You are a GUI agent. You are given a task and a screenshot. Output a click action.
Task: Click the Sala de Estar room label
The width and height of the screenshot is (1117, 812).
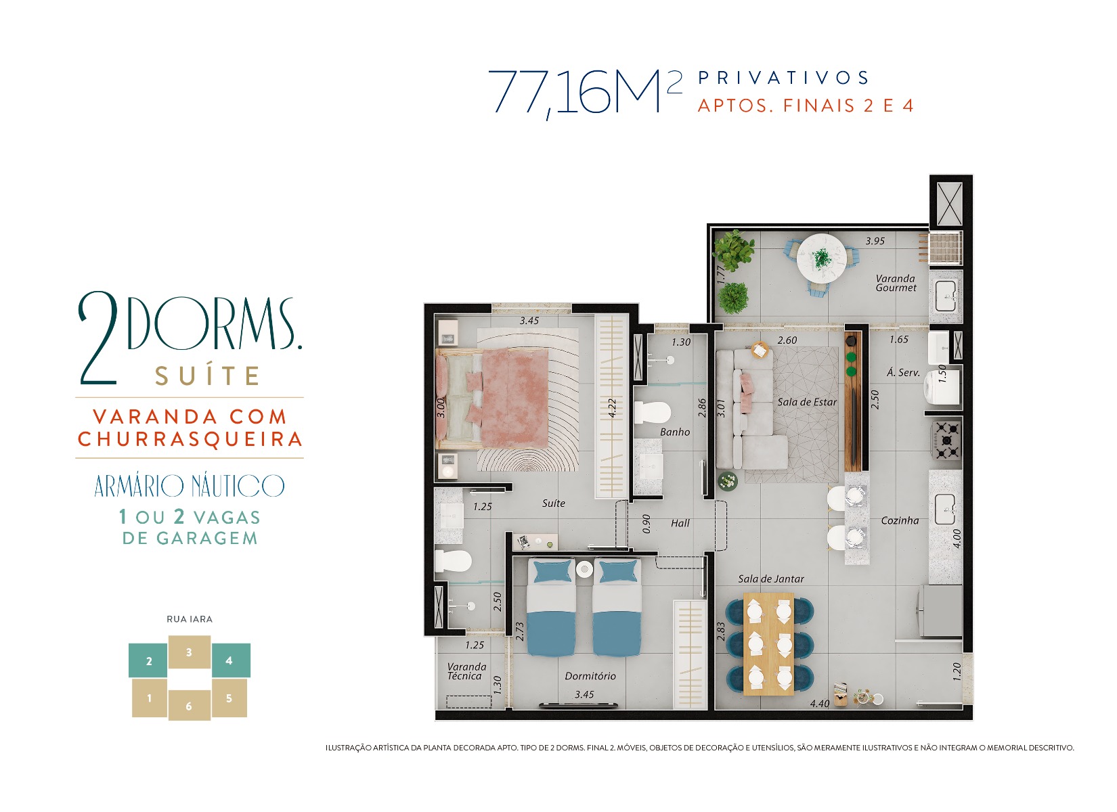point(807,402)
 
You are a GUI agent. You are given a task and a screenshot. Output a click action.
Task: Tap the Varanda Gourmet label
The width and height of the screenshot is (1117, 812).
point(896,283)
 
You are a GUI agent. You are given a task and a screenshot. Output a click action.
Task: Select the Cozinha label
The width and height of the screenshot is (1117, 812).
point(900,520)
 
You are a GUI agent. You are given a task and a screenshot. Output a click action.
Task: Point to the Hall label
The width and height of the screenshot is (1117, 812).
point(680,523)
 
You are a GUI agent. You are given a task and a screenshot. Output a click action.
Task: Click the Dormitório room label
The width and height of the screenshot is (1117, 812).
point(590,676)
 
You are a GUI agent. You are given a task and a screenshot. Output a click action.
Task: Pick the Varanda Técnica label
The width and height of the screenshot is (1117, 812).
point(466,671)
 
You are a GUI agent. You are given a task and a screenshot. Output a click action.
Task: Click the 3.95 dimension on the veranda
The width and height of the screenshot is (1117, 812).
point(875,242)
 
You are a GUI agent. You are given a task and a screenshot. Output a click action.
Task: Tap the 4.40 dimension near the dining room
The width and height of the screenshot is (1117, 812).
point(820,703)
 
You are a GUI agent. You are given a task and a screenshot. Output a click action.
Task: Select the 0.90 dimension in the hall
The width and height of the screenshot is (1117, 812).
point(647,524)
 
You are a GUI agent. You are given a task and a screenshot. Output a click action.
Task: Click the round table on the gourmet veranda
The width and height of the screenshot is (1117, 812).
point(820,258)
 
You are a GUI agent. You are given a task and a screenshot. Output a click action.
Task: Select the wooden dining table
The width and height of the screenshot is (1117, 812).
point(768,644)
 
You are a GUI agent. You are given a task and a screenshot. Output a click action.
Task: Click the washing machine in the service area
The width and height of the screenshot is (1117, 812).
point(942,388)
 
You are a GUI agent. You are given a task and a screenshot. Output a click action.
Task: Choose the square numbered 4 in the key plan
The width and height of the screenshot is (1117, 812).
point(231,660)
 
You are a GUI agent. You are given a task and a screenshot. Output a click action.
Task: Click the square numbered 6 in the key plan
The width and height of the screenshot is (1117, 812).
point(189,705)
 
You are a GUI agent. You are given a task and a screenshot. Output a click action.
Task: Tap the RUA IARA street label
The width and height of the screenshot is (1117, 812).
point(190,619)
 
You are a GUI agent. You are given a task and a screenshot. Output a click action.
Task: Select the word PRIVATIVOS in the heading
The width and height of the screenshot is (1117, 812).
point(783,78)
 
